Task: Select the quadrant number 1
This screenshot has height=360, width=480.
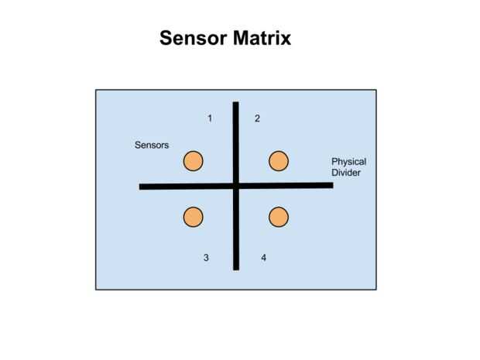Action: pos(210,118)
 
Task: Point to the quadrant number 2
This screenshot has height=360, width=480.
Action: pos(257,118)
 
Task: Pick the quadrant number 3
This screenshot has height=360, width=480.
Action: pos(206,258)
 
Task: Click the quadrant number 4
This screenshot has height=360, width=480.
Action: pos(263,258)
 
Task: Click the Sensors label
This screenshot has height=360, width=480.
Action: pos(152,146)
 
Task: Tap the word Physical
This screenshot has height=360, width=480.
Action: pos(348,162)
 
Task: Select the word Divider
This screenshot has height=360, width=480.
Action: pos(346,173)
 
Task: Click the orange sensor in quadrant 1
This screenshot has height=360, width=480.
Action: pos(193,161)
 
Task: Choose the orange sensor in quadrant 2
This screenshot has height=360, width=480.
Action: pos(279,161)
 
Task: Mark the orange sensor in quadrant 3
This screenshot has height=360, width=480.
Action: pos(193,217)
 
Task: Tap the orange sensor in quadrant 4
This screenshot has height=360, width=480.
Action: pos(279,217)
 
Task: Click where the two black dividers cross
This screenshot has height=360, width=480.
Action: pos(236,186)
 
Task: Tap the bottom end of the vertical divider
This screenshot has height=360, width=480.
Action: pos(236,268)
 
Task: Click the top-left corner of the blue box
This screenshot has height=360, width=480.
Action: pos(96,90)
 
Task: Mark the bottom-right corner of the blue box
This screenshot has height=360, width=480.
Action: pos(376,290)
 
